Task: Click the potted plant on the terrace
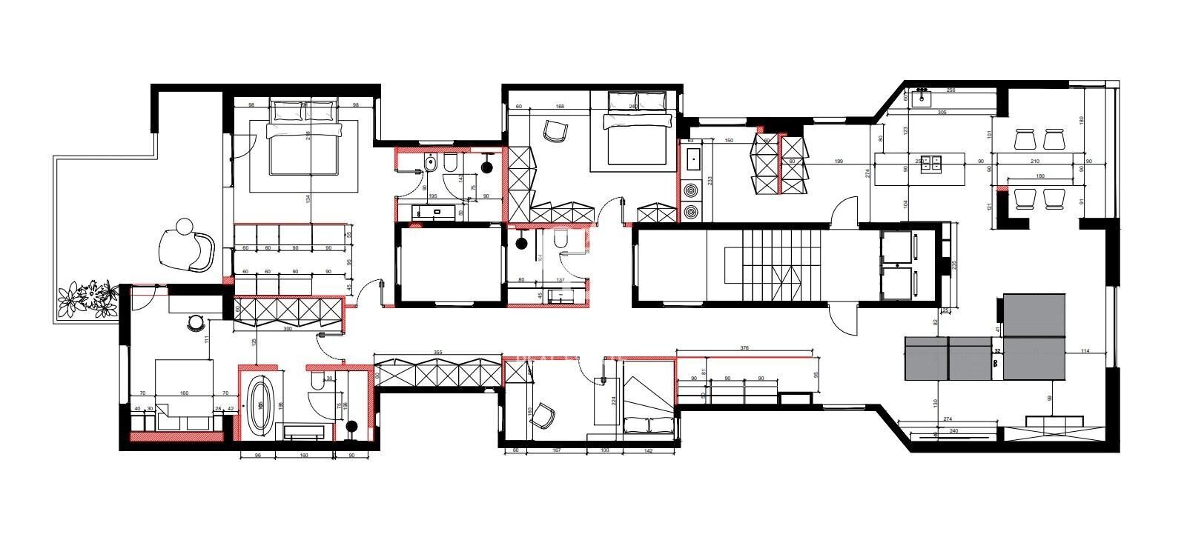coord(88,299)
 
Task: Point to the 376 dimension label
coord(744,347)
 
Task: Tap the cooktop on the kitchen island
coord(930,163)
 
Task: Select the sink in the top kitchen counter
coord(922,97)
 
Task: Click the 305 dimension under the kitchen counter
coord(942,113)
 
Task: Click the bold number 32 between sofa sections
coord(997,350)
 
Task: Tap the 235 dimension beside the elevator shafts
coord(954,264)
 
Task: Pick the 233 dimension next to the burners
coord(710,180)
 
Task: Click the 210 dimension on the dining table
coord(1035,161)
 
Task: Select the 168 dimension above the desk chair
coord(560,107)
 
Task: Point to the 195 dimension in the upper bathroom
coord(432,197)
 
